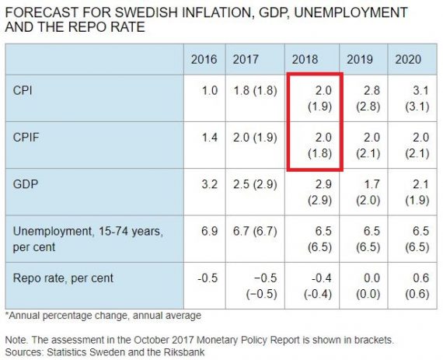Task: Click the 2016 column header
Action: pyautogui.click(x=204, y=60)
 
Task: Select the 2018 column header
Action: pyautogui.click(x=305, y=60)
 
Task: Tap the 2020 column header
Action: pyautogui.click(x=408, y=60)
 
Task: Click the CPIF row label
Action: pyautogui.click(x=26, y=138)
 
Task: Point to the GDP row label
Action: pyautogui.click(x=26, y=184)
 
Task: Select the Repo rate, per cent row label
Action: pyautogui.click(x=63, y=278)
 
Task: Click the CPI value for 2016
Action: pyautogui.click(x=210, y=91)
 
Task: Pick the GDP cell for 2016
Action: pyautogui.click(x=210, y=184)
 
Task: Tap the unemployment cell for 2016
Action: pyautogui.click(x=210, y=231)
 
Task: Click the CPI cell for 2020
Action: pyautogui.click(x=417, y=99)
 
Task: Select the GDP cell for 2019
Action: pyautogui.click(x=368, y=192)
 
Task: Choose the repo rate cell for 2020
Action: pyautogui.click(x=417, y=286)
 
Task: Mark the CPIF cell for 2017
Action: pyautogui.click(x=255, y=138)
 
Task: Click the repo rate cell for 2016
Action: pyautogui.click(x=208, y=278)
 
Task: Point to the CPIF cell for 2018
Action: pyautogui.click(x=319, y=145)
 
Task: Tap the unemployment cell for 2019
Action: pyautogui.click(x=368, y=239)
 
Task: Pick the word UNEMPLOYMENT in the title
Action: pyautogui.click(x=351, y=12)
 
